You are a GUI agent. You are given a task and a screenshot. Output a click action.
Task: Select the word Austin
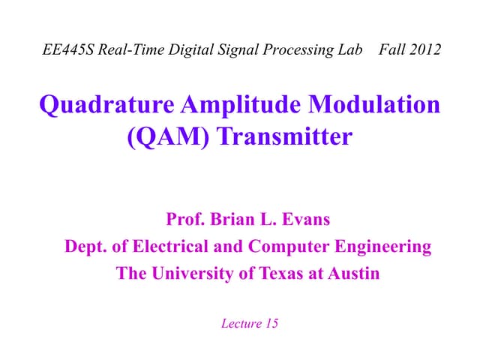[x=352, y=274]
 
